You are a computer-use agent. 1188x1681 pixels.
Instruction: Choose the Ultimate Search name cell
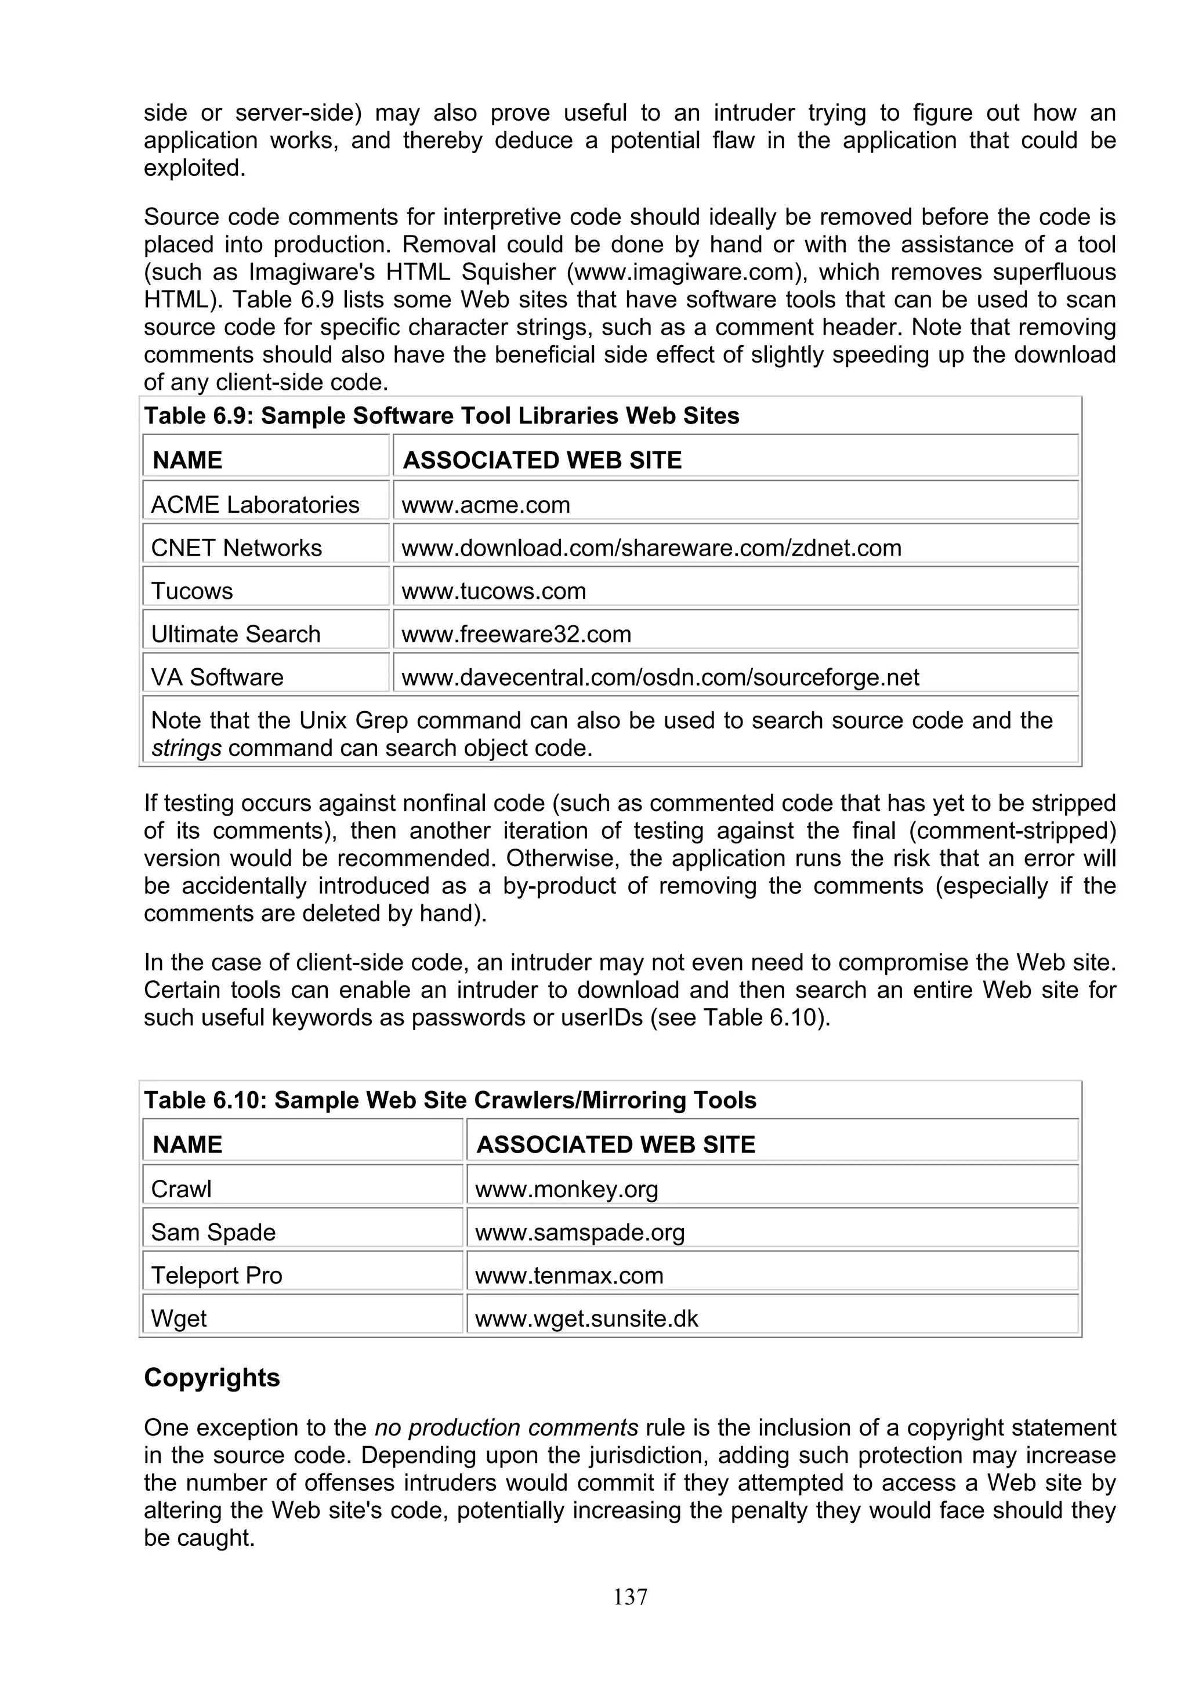click(x=235, y=633)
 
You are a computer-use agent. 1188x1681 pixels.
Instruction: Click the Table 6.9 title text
click(x=441, y=416)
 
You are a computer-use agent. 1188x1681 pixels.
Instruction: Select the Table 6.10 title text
click(x=450, y=1100)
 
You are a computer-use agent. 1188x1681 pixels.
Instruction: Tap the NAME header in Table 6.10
click(x=187, y=1144)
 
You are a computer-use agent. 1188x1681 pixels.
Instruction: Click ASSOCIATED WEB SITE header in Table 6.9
click(x=542, y=460)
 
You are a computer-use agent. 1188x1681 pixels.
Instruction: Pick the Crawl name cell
click(x=181, y=1189)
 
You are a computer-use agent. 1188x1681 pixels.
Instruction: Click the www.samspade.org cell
click(x=579, y=1232)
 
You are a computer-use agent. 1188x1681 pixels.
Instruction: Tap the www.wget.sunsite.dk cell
click(x=586, y=1318)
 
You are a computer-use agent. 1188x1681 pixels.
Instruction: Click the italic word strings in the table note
click(x=186, y=748)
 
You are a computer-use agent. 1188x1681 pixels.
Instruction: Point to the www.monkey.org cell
click(x=567, y=1189)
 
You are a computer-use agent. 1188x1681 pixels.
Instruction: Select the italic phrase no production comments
click(x=506, y=1428)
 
